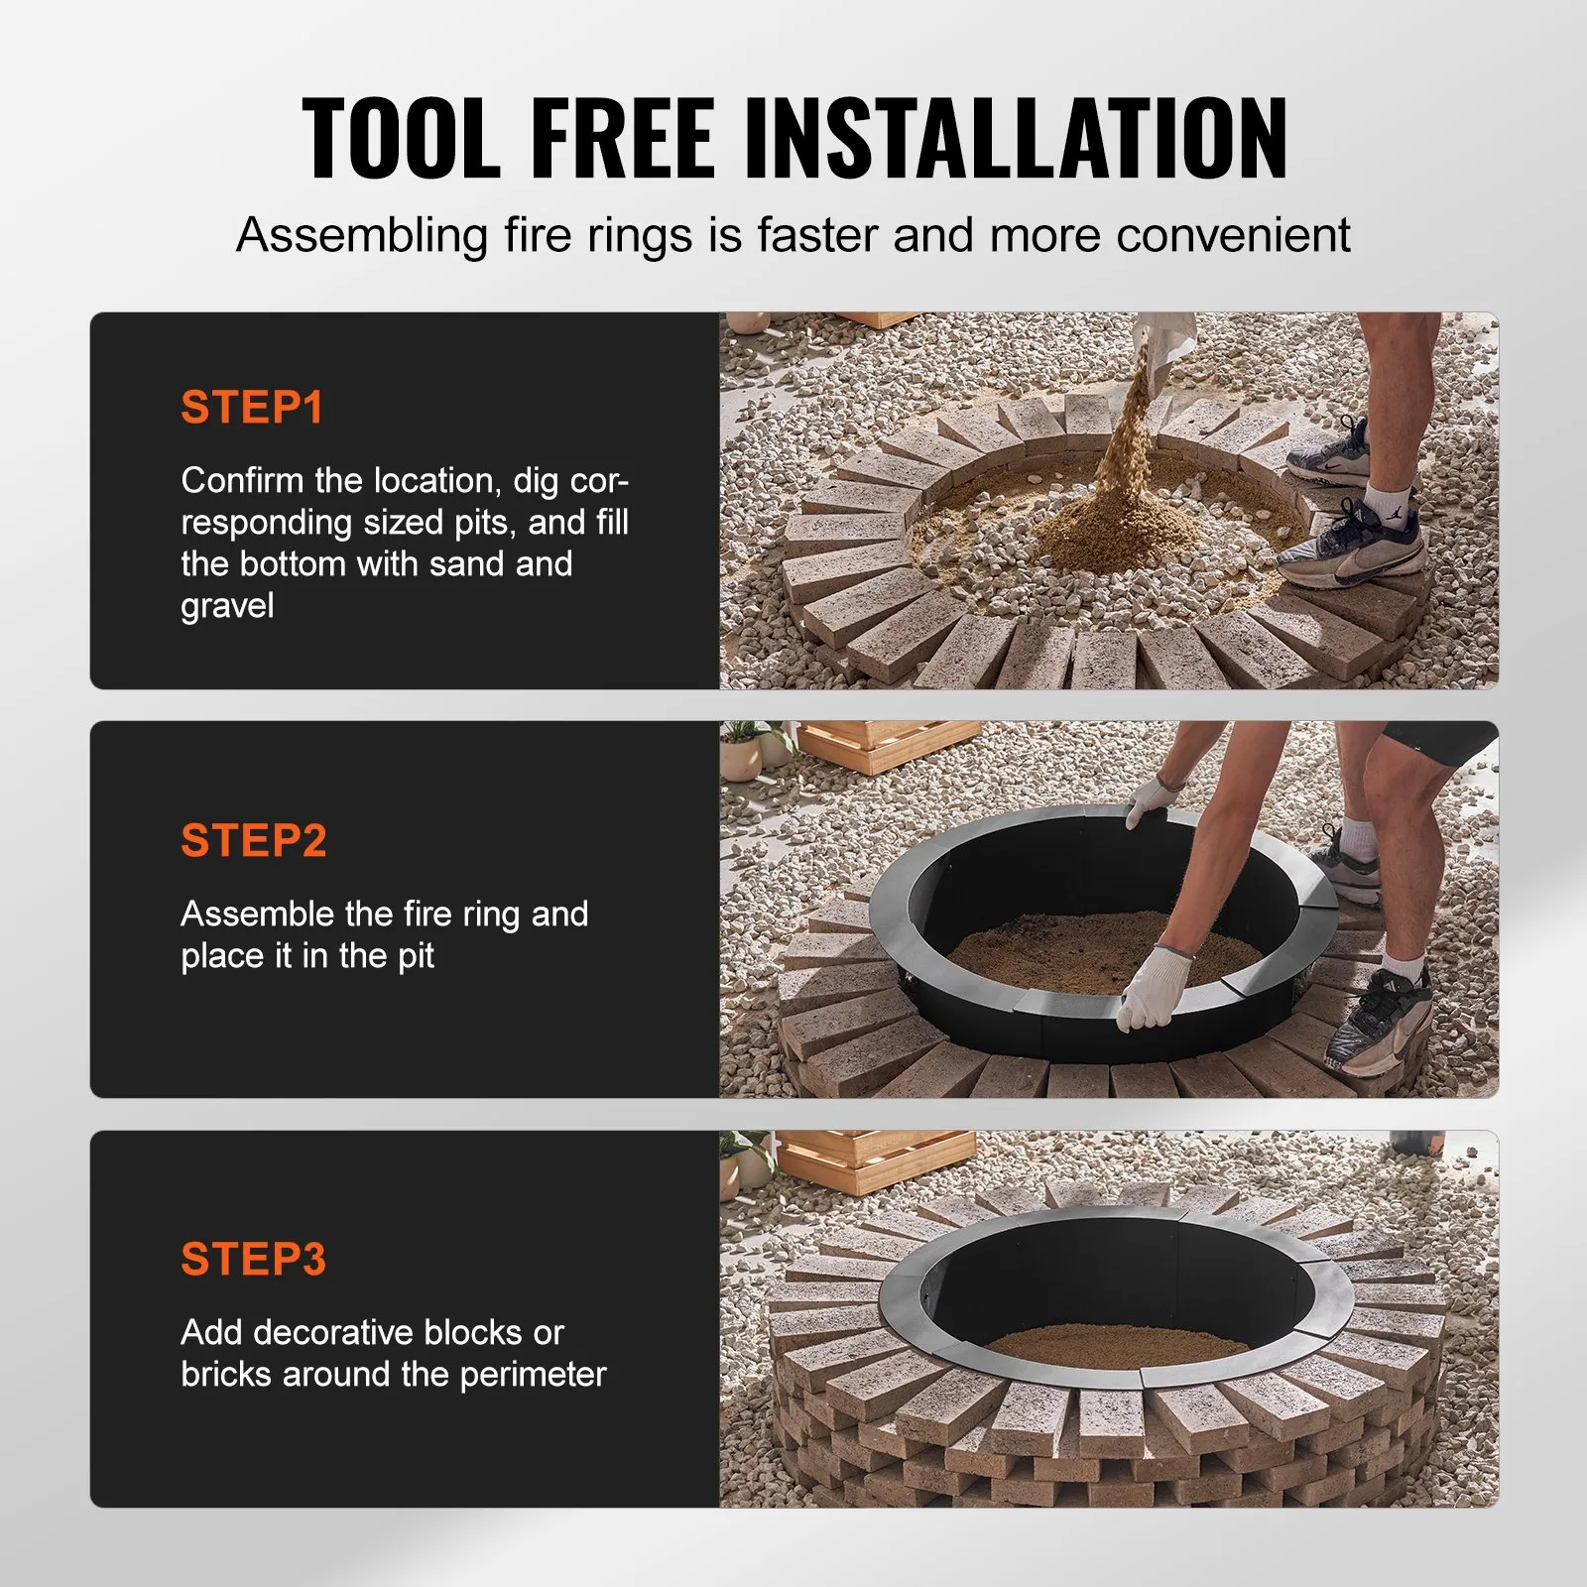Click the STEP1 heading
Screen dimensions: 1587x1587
click(252, 408)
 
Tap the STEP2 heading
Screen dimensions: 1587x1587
click(254, 841)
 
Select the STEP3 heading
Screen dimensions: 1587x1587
click(254, 1260)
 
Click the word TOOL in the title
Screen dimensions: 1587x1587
click(402, 139)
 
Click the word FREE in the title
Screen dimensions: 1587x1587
click(622, 139)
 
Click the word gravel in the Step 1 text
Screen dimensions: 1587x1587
click(227, 606)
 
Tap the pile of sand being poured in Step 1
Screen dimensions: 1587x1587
click(1121, 526)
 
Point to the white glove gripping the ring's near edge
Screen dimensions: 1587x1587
click(1153, 987)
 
